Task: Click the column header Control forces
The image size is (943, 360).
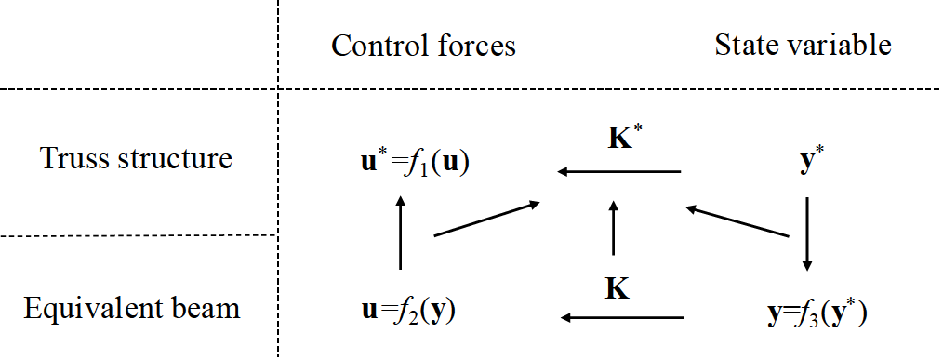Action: pyautogui.click(x=423, y=46)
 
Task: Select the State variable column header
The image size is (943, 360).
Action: pyautogui.click(x=803, y=45)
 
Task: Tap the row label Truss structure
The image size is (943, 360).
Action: pyautogui.click(x=136, y=158)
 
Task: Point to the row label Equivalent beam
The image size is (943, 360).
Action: pyautogui.click(x=132, y=308)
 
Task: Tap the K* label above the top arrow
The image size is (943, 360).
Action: pyautogui.click(x=619, y=140)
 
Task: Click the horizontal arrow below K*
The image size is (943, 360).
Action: pyautogui.click(x=618, y=171)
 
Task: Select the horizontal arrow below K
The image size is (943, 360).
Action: pyautogui.click(x=621, y=319)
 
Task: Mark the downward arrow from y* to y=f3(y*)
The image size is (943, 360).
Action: pyautogui.click(x=806, y=233)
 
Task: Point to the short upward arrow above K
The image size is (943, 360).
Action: pyautogui.click(x=613, y=229)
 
